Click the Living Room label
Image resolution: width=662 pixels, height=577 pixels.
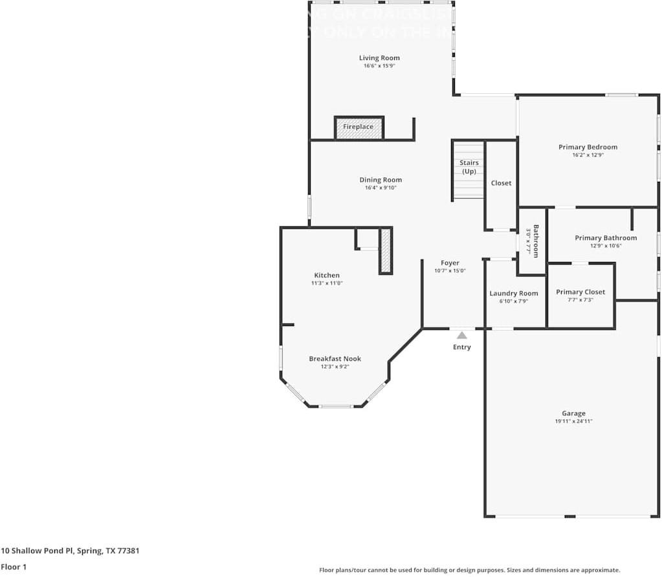pyautogui.click(x=379, y=58)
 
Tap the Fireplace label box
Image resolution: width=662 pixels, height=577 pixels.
pyautogui.click(x=358, y=127)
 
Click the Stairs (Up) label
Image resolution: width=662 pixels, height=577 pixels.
pyautogui.click(x=469, y=167)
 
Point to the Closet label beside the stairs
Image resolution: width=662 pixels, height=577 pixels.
pyautogui.click(x=501, y=183)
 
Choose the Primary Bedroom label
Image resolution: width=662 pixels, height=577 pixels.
pyautogui.click(x=588, y=147)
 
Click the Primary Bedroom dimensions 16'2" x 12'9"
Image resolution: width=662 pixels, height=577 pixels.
pyautogui.click(x=588, y=155)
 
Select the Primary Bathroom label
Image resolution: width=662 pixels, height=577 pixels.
pyautogui.click(x=606, y=238)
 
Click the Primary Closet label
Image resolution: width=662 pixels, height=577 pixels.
pyautogui.click(x=580, y=292)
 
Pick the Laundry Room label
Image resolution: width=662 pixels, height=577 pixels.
pyautogui.click(x=513, y=294)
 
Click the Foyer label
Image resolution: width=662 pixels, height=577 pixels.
pyautogui.click(x=450, y=263)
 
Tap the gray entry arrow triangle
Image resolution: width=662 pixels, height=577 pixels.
pyautogui.click(x=461, y=335)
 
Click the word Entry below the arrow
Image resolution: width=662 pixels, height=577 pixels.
pyautogui.click(x=461, y=347)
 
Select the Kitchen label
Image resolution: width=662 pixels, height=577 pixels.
pyautogui.click(x=327, y=276)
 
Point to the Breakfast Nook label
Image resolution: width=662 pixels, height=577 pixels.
pyautogui.click(x=335, y=359)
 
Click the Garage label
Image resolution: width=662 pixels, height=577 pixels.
pyautogui.click(x=573, y=414)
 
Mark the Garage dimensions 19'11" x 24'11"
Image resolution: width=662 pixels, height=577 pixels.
pyautogui.click(x=573, y=422)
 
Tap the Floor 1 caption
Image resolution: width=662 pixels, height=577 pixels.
pyautogui.click(x=14, y=567)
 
